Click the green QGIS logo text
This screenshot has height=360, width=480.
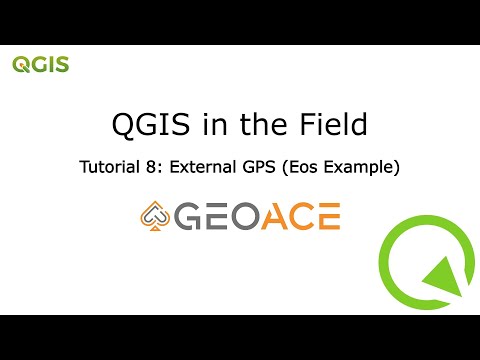[40, 65]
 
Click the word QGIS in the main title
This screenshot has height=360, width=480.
[144, 125]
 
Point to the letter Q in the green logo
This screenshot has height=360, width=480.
[20, 65]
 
